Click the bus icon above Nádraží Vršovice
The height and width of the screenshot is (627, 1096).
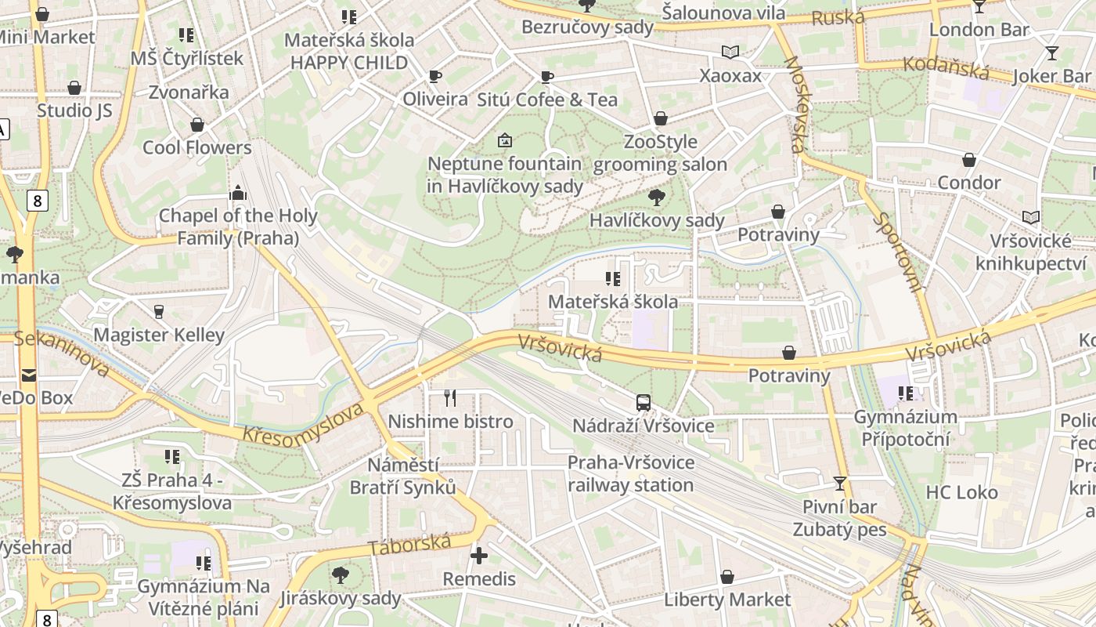644,403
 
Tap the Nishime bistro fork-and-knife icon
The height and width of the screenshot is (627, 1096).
450,398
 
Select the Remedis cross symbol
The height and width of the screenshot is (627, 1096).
478,556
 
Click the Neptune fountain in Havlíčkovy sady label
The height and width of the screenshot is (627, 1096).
505,175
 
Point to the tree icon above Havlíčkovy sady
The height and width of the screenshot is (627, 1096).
657,198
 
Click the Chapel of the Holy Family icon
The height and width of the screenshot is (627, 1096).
238,193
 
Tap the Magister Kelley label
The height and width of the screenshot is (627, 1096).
159,335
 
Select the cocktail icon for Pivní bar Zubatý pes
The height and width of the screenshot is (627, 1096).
840,484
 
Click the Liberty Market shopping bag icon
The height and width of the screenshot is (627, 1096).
727,577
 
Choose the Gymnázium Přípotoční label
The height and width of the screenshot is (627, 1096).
905,427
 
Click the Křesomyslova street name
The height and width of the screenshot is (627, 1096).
304,424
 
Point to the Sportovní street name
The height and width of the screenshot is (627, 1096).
897,252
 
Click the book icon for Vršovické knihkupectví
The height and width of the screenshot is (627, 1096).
1031,217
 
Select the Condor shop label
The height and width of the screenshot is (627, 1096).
969,183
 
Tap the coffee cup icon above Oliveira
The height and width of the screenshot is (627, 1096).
435,76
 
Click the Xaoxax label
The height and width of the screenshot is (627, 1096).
730,75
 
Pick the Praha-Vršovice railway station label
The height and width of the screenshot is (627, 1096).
631,473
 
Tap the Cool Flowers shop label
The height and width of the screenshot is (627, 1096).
197,147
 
